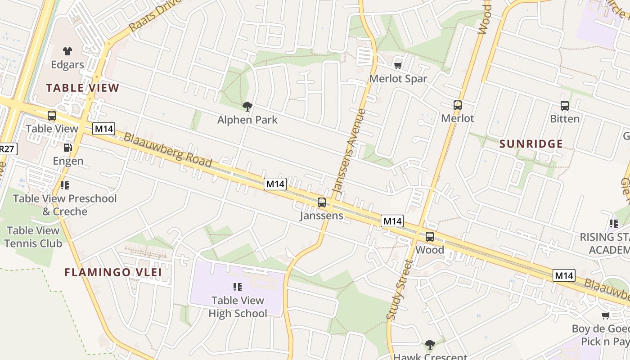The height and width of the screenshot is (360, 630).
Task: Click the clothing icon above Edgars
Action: [67, 51]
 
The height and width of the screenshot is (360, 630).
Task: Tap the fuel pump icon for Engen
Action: [68, 147]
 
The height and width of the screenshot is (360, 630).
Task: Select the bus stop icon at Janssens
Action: [321, 202]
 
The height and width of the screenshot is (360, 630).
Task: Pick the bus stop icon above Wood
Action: [430, 236]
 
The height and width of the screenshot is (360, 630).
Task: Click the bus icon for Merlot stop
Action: [458, 105]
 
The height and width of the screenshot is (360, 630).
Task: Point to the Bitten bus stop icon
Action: [565, 106]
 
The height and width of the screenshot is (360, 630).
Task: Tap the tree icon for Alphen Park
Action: [247, 107]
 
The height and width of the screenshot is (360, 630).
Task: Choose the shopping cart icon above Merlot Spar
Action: [398, 66]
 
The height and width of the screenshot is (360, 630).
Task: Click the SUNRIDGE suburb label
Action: [531, 144]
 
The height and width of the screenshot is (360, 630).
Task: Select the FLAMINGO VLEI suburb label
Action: [113, 272]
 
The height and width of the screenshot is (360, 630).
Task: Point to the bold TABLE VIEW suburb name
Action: [82, 88]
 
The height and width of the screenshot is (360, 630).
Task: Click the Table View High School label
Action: [238, 307]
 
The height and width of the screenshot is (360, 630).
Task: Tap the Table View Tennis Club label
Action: [33, 237]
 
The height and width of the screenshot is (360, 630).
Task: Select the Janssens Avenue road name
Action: [347, 153]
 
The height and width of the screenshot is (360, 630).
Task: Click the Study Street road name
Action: [400, 290]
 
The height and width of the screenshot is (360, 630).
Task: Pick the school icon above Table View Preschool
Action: [64, 185]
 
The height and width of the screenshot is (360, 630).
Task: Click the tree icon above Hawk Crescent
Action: [430, 345]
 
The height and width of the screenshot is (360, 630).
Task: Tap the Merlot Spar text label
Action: [398, 79]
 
